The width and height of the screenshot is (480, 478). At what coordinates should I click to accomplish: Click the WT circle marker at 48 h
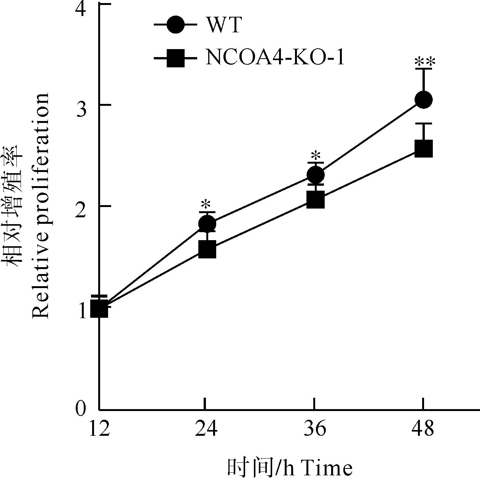(423, 100)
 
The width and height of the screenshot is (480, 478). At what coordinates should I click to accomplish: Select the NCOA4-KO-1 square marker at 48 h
(423, 148)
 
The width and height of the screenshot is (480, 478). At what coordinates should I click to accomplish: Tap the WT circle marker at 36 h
(315, 175)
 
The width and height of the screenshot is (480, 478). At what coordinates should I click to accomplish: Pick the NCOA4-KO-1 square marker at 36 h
(315, 200)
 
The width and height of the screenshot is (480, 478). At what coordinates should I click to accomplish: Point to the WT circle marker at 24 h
(207, 223)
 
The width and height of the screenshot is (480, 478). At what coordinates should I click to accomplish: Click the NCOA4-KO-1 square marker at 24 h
(207, 249)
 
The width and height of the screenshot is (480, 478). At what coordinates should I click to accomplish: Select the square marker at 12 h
(99, 309)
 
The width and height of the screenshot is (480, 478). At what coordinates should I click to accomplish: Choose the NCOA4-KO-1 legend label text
(275, 58)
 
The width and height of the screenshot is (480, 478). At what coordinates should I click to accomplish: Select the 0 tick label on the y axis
(80, 409)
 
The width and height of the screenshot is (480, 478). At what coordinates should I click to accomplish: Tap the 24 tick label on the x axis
(206, 429)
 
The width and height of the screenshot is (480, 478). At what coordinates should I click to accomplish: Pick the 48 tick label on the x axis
(423, 429)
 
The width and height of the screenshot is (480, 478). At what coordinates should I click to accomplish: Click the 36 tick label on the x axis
(314, 429)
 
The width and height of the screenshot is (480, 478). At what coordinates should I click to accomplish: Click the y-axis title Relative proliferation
(40, 206)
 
